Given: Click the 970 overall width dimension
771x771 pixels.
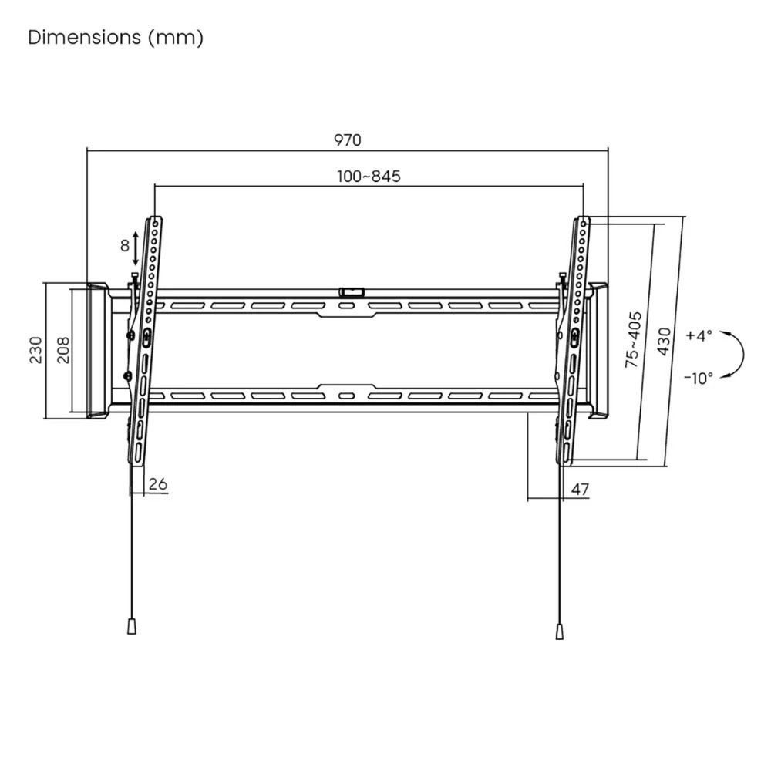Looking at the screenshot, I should point(347,140).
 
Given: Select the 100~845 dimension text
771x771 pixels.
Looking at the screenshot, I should point(369,177).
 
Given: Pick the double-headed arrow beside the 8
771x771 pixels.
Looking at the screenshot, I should point(136,247).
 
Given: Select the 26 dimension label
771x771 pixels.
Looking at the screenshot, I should point(158,484).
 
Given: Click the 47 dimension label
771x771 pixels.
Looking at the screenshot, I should point(581,488).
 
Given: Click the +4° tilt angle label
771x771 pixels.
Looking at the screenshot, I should point(699,336).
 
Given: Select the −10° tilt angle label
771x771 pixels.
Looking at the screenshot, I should point(699,377).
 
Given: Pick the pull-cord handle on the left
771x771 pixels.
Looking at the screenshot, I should point(131,625).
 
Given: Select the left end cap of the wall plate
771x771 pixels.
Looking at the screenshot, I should point(99,351).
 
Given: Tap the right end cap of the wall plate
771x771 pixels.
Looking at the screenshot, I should point(598,351).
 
